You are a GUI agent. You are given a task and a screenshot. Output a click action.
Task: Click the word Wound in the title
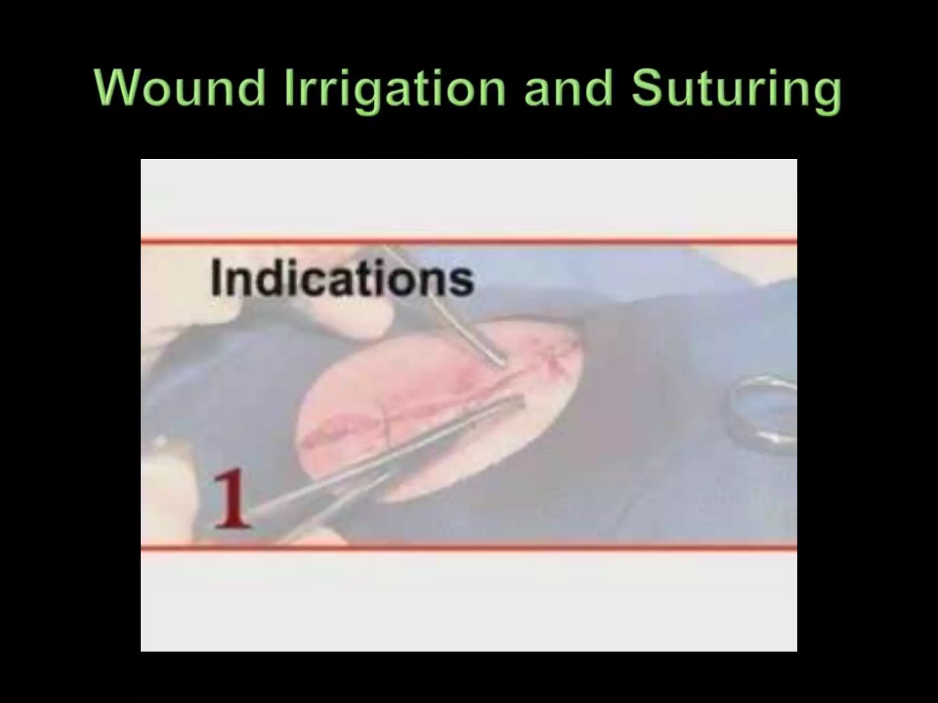180,88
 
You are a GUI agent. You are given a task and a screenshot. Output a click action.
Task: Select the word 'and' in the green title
568,88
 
